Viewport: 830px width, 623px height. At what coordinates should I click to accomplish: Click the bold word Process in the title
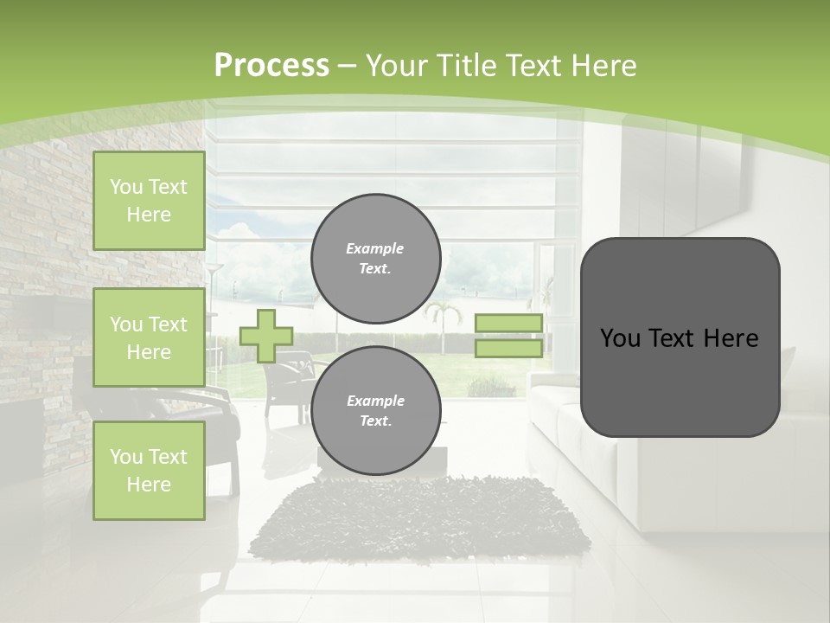click(271, 66)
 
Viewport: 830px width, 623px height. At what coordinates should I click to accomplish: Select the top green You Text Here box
click(149, 201)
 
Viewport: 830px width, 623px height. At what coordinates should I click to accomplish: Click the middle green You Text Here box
click(149, 337)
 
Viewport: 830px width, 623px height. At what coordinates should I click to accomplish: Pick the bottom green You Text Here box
click(149, 471)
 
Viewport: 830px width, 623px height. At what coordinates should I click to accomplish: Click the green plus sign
click(266, 336)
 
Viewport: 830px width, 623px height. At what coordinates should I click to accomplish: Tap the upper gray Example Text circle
click(376, 258)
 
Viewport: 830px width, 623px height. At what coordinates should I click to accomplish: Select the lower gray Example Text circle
click(376, 410)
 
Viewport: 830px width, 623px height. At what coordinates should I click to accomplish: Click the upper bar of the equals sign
click(509, 324)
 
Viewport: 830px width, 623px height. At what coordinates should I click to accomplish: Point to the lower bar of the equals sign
click(509, 348)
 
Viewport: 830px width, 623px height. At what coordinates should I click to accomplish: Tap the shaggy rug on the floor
click(424, 519)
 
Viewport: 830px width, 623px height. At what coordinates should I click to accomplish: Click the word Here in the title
click(605, 66)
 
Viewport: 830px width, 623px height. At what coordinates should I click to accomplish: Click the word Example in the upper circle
click(375, 248)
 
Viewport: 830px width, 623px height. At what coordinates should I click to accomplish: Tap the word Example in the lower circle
click(375, 401)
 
